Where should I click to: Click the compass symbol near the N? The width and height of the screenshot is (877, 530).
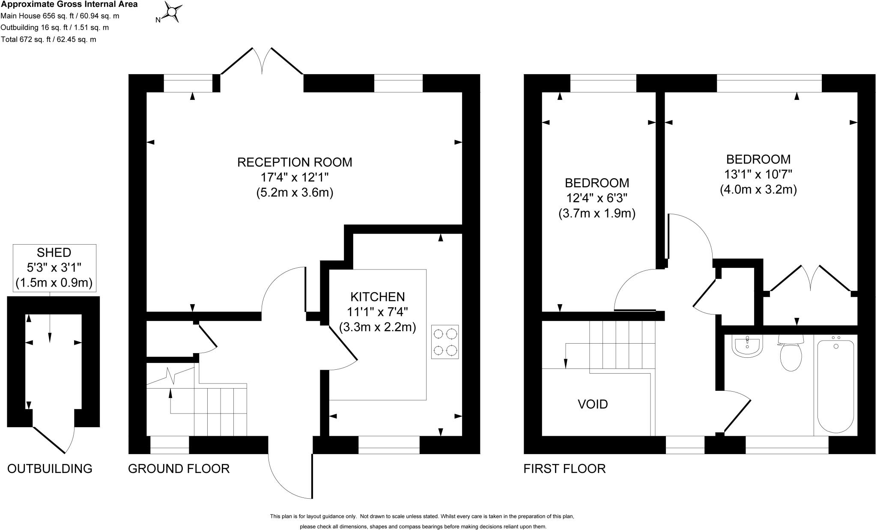click(x=173, y=12)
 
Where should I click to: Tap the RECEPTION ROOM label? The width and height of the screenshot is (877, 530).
click(x=295, y=162)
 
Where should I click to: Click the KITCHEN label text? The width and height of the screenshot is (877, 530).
click(x=377, y=296)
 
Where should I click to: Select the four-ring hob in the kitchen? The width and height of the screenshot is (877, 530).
click(x=445, y=342)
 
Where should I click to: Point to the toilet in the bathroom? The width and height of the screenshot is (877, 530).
click(x=791, y=355)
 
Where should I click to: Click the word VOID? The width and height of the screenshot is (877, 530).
click(x=593, y=404)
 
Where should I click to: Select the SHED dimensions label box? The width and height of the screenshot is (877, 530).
click(x=54, y=268)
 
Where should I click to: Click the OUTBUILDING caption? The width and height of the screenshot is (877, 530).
click(x=50, y=469)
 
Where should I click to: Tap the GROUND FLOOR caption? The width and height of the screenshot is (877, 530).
click(x=179, y=469)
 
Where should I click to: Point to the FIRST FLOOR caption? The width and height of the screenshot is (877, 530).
click(x=564, y=469)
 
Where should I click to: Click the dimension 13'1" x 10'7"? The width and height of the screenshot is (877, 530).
click(x=758, y=174)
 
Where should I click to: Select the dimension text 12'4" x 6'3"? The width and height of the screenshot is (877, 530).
click(x=597, y=198)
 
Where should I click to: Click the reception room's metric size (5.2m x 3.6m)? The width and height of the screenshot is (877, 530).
click(x=295, y=193)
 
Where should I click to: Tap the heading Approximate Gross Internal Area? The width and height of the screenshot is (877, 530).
click(x=69, y=5)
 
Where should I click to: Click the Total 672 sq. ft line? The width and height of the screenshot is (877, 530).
click(x=48, y=39)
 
